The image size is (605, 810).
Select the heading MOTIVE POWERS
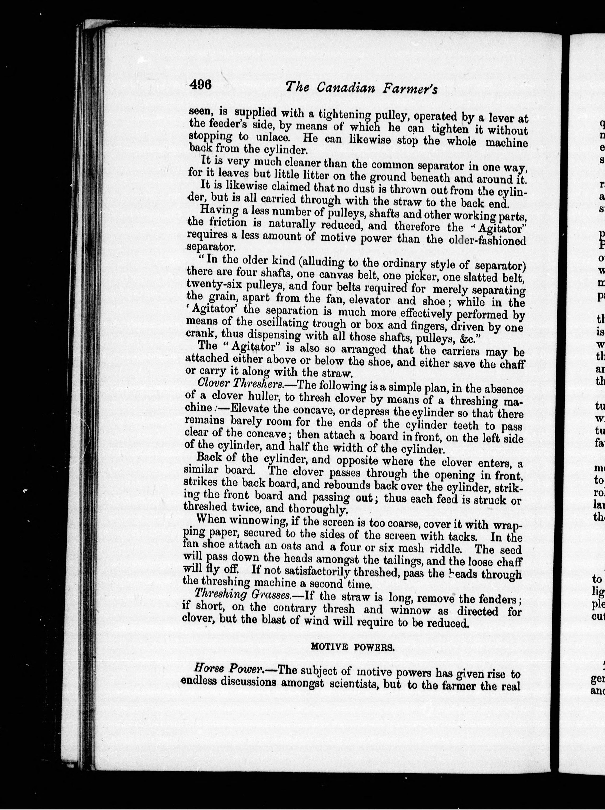(352, 647)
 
